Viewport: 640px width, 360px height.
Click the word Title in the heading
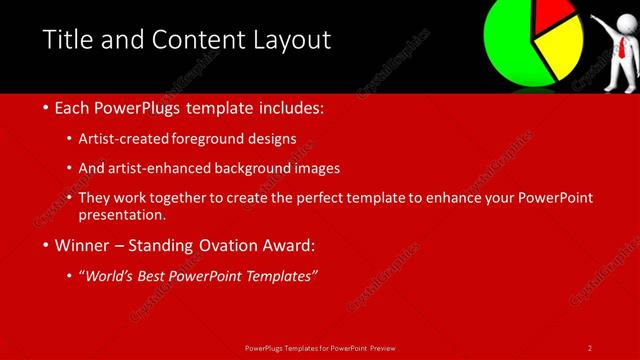67,40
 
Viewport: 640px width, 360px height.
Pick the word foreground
211,139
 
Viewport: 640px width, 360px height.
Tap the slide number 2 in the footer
590,347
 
